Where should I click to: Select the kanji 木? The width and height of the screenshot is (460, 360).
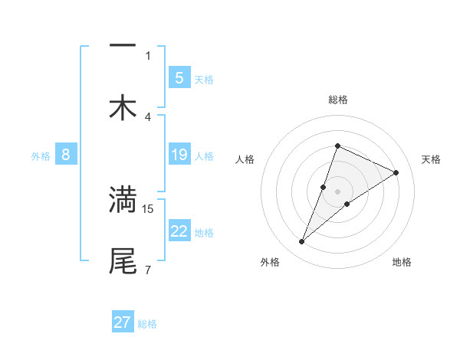pos(123,108)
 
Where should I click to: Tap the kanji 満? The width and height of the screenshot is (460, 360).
pos(123,199)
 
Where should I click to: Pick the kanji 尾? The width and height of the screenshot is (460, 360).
pos(123,260)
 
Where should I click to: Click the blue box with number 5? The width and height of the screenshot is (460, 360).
pos(179,77)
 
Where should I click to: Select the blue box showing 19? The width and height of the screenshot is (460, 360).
pos(179,155)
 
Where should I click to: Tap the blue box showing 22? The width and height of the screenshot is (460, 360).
pos(179,231)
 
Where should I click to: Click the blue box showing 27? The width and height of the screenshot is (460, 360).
pos(123,322)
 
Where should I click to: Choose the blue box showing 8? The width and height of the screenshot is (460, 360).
pos(66,155)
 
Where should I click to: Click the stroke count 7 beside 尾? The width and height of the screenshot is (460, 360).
pos(148,270)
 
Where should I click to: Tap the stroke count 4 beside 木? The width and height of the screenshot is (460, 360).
pos(148,116)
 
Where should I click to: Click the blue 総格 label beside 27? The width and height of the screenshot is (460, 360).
pos(147,324)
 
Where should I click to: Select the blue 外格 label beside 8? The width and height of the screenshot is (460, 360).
pos(41,156)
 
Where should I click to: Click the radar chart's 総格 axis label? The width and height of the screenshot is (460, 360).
pos(337,100)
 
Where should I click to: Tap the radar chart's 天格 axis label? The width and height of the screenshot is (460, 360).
pos(431,159)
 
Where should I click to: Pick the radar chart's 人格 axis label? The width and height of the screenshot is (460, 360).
pos(245,159)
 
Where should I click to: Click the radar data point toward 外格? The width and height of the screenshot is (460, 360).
pos(302,242)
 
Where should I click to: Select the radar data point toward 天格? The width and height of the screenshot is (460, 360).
pos(396,172)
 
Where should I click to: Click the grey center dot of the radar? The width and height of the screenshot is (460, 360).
pos(337,191)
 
